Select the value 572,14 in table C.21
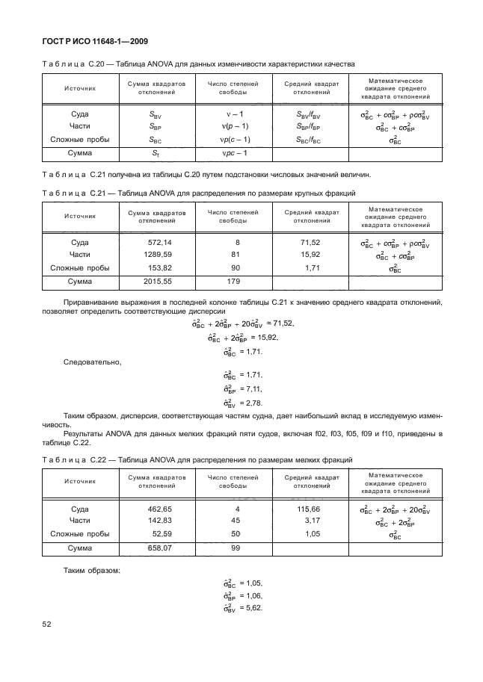(x=159, y=243)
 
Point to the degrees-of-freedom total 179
(x=233, y=282)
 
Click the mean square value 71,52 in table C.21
(x=310, y=243)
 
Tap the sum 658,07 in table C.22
(x=159, y=548)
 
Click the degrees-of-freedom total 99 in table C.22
(x=236, y=548)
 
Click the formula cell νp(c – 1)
(x=234, y=140)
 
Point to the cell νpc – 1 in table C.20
(x=233, y=153)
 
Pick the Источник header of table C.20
(x=79, y=88)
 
